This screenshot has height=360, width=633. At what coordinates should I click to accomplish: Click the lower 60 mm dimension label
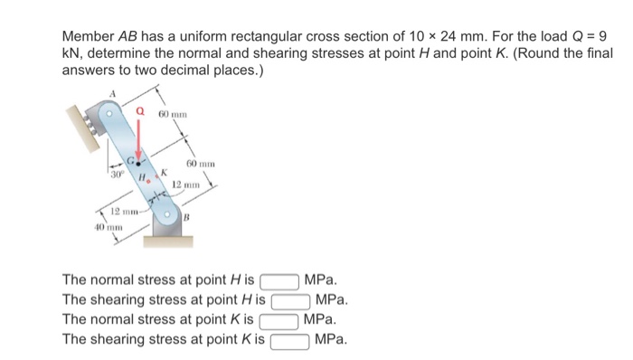[x=197, y=162]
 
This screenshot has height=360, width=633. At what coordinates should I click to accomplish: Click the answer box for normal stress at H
[x=279, y=282]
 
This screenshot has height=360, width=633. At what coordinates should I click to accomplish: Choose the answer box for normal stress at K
[x=279, y=320]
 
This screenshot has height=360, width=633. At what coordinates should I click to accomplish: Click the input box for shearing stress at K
[x=290, y=340]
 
